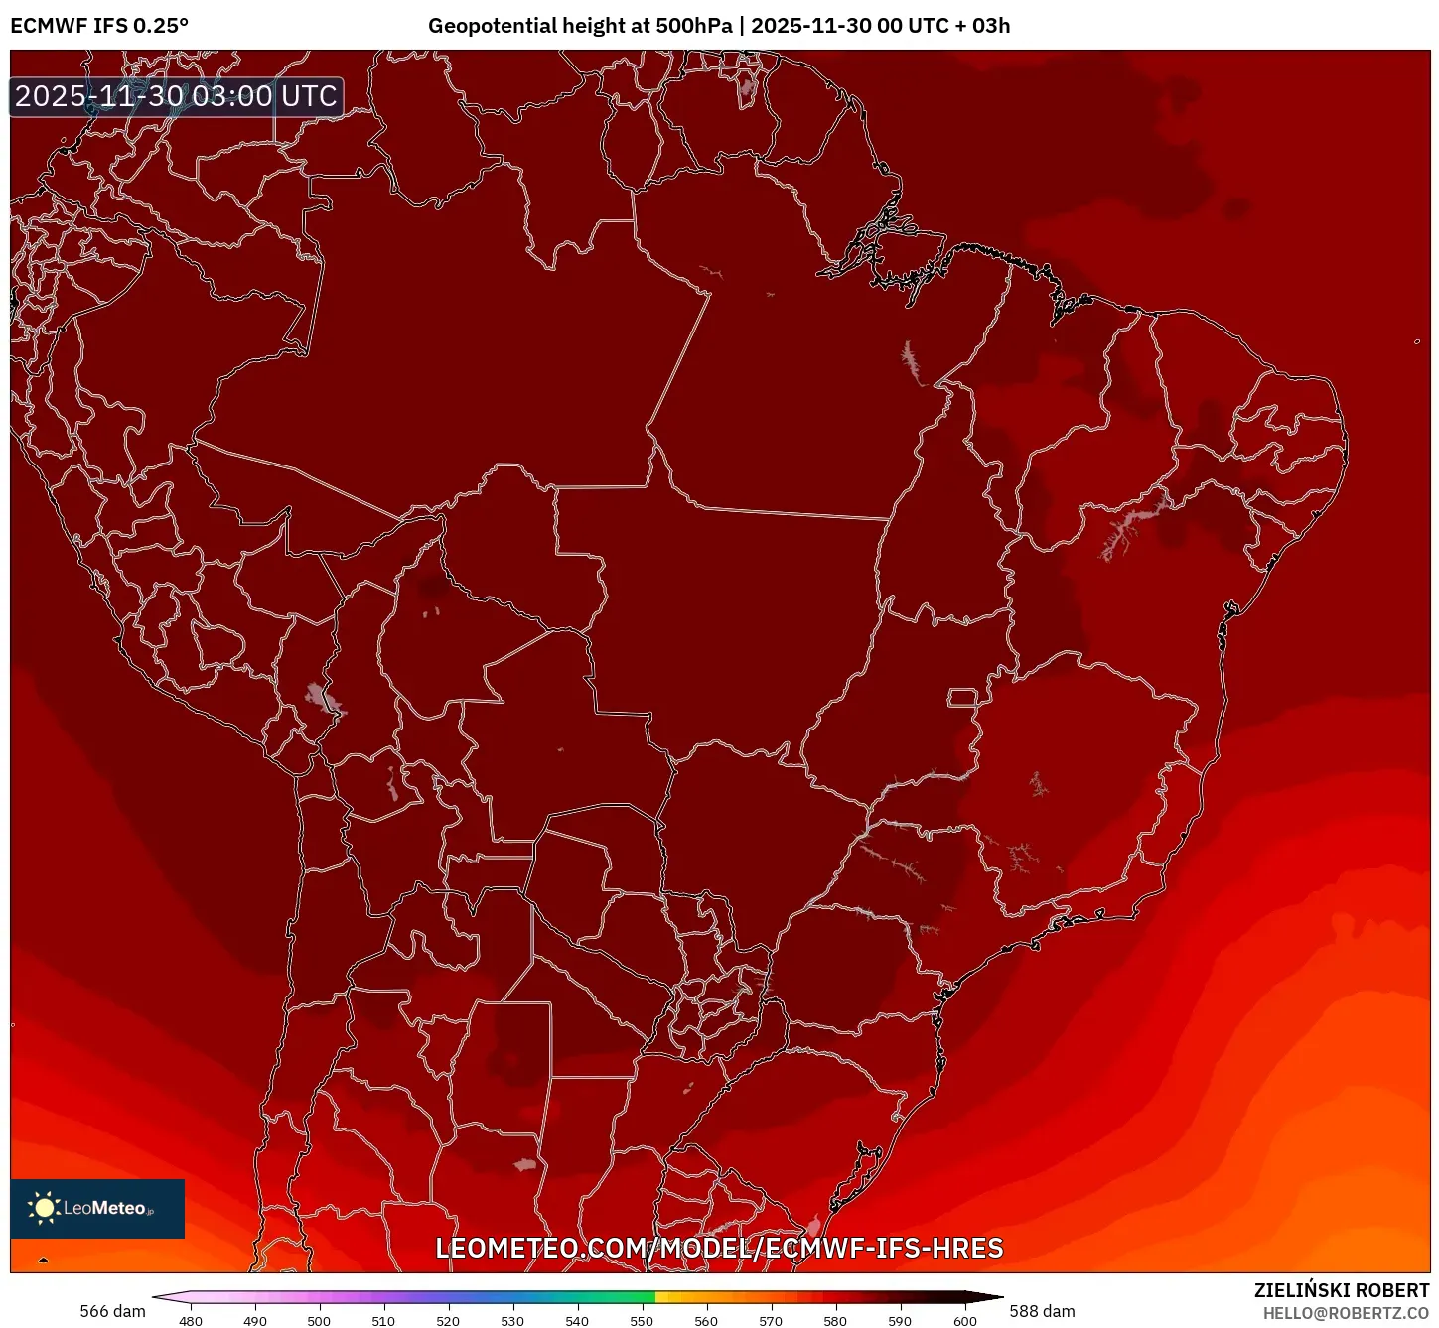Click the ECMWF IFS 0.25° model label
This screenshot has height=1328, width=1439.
click(98, 26)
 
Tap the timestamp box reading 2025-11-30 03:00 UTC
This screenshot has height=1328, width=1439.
click(177, 96)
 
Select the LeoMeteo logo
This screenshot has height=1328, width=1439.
click(97, 1208)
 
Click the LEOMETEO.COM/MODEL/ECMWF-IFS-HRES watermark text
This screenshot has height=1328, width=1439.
click(719, 1248)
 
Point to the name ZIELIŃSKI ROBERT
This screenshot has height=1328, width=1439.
click(1341, 1290)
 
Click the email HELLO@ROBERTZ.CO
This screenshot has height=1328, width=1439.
click(1345, 1313)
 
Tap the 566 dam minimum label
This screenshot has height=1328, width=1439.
click(112, 1311)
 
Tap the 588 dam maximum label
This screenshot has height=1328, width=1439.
click(1042, 1311)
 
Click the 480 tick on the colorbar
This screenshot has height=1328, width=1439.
click(191, 1321)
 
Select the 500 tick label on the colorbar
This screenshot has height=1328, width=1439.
click(319, 1321)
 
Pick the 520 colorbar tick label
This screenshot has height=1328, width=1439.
click(448, 1321)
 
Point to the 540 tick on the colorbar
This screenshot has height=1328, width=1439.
click(577, 1321)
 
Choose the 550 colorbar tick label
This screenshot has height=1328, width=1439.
click(642, 1321)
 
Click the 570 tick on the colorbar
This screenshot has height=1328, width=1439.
click(771, 1321)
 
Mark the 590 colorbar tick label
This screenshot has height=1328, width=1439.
click(900, 1321)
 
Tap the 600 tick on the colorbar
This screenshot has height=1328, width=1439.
click(964, 1321)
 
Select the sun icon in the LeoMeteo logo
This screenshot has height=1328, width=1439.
click(44, 1208)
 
